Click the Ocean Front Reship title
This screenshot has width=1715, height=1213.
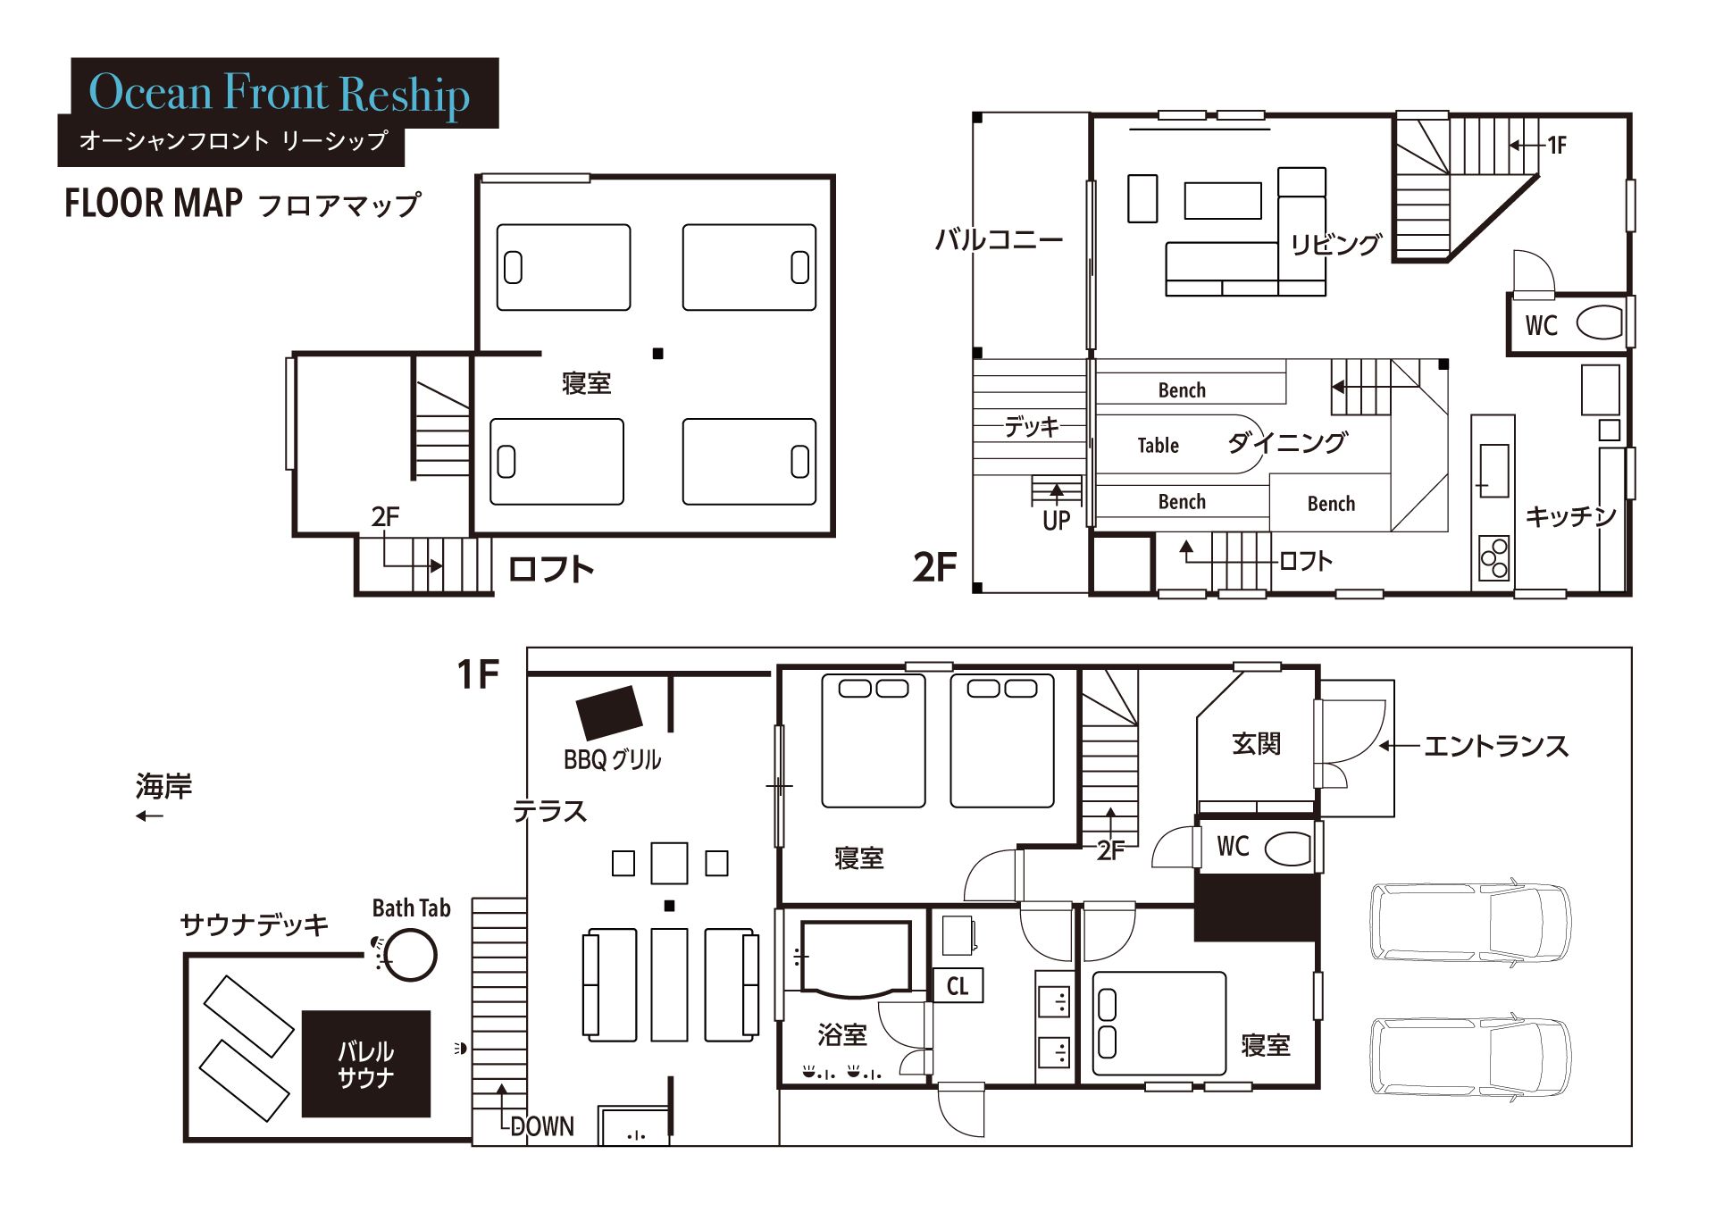(279, 93)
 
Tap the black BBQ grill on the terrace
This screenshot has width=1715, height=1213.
(609, 713)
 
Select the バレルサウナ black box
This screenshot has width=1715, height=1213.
(366, 1064)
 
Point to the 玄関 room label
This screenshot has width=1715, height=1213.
(1256, 743)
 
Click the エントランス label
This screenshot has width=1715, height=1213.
(1495, 746)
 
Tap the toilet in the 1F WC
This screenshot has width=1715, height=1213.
(1288, 848)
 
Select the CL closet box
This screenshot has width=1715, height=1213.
(958, 985)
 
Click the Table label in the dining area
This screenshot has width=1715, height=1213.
(1158, 445)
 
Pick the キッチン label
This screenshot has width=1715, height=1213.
(1570, 515)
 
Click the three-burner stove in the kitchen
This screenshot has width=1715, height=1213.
(1493, 558)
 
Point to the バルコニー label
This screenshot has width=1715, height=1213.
(999, 239)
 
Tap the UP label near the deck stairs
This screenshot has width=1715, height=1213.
(1056, 521)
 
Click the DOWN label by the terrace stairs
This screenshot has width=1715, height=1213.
(542, 1126)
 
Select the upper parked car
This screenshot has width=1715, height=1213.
(1470, 922)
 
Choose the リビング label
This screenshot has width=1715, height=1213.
(1335, 244)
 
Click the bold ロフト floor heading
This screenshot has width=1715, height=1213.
(550, 569)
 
